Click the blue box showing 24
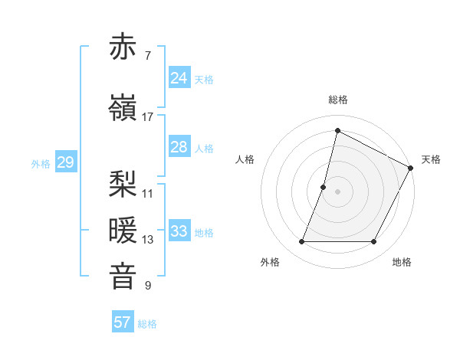pyautogui.click(x=179, y=78)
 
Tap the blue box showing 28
pyautogui.click(x=179, y=147)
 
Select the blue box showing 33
pyautogui.click(x=179, y=231)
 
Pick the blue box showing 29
pyautogui.click(x=65, y=162)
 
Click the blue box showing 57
pyautogui.click(x=123, y=322)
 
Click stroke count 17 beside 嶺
pyautogui.click(x=147, y=117)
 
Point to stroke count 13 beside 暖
pyautogui.click(x=147, y=240)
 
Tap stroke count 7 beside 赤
pyautogui.click(x=147, y=56)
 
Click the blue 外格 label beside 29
pyautogui.click(x=40, y=164)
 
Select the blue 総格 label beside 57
pyautogui.click(x=147, y=324)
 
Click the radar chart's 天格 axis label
pyautogui.click(x=431, y=159)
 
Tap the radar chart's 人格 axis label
pyautogui.click(x=245, y=159)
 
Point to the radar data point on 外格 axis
pyautogui.click(x=301, y=242)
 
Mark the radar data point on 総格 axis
pyautogui.click(x=337, y=131)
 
